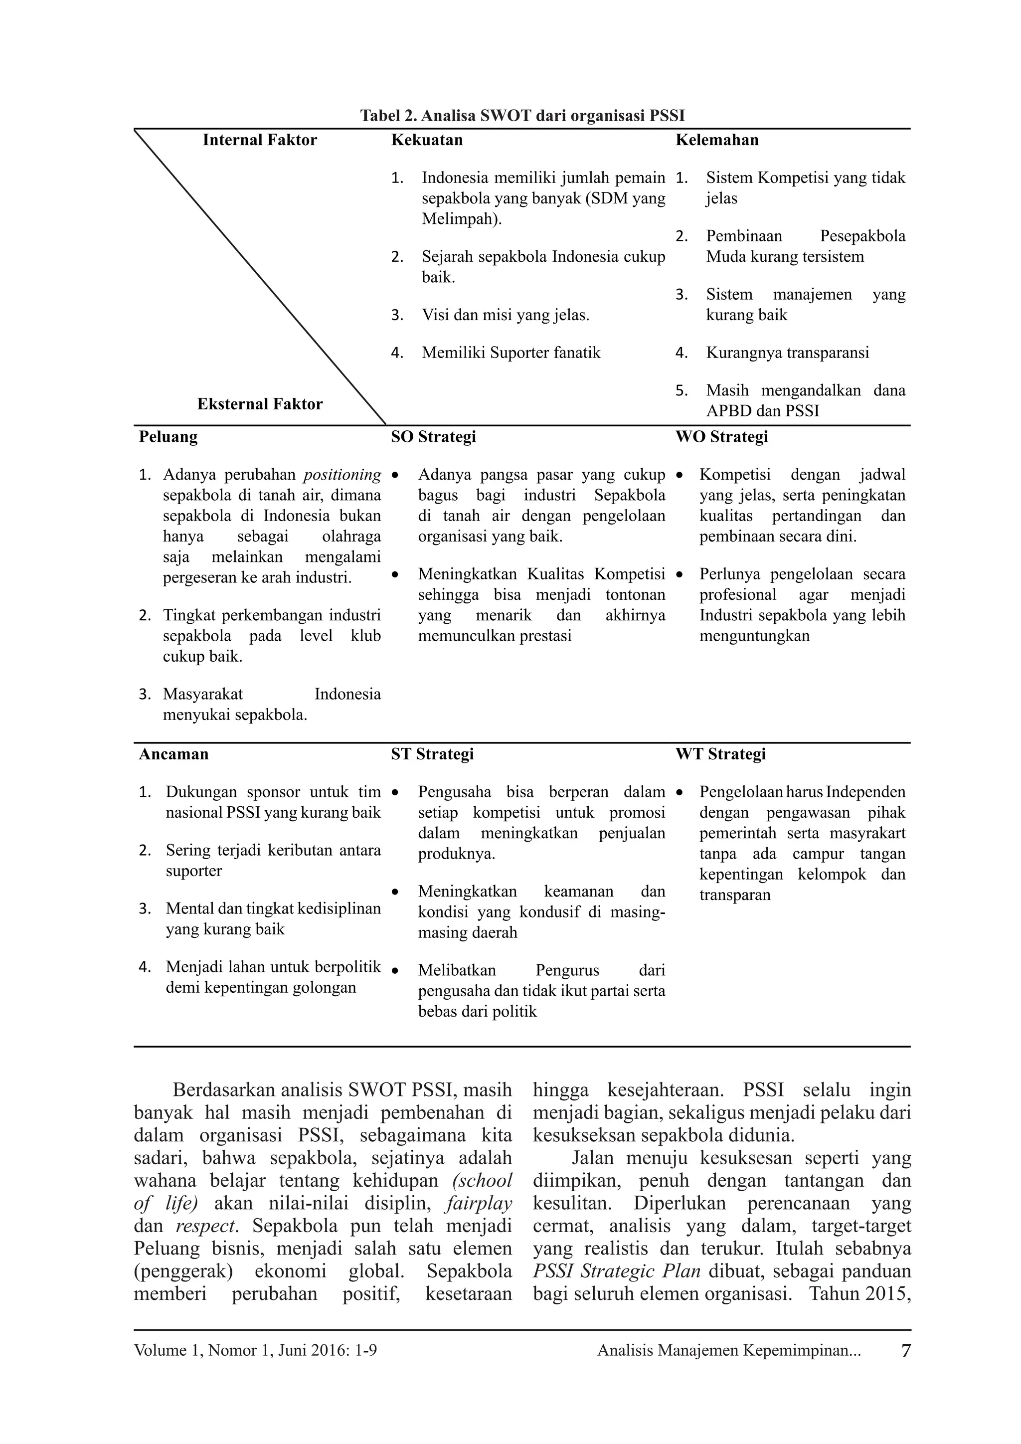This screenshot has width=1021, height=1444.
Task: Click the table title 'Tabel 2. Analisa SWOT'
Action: (522, 116)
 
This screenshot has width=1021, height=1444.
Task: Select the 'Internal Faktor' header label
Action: (260, 140)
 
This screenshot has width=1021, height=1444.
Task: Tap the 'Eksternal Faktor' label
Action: (260, 404)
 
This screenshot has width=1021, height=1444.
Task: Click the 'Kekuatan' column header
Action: (427, 140)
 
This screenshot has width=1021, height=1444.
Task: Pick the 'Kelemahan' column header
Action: (717, 140)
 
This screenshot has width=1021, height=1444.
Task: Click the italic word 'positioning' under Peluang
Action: (342, 475)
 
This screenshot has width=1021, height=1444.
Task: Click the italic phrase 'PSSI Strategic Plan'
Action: (616, 1271)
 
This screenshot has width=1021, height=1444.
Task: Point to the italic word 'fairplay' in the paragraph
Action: (479, 1204)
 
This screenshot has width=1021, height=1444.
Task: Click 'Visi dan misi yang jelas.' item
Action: (505, 315)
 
